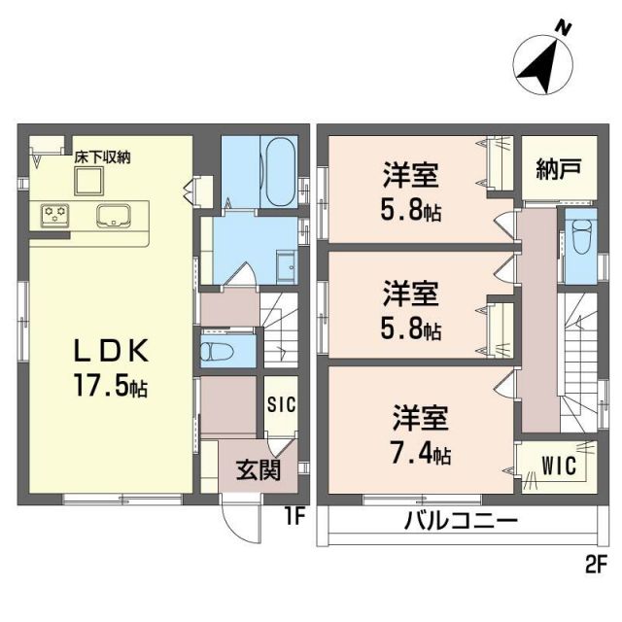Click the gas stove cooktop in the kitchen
click(x=54, y=213)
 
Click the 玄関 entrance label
click(x=259, y=472)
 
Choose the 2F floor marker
click(x=595, y=562)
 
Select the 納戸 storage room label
click(x=558, y=167)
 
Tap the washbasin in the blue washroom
click(x=286, y=266)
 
